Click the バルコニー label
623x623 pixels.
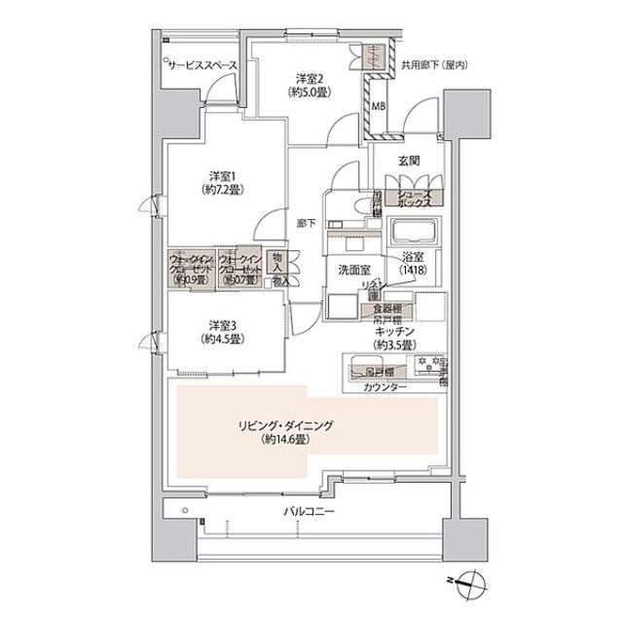309,510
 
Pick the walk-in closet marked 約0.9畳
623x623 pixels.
189,270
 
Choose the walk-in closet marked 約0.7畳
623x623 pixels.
239,270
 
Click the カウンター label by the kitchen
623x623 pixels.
386,388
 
